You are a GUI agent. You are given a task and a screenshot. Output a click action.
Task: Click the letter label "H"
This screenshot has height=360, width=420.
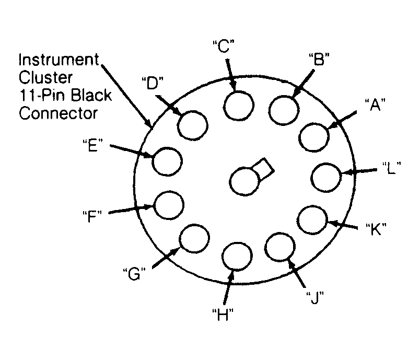pyautogui.click(x=223, y=315)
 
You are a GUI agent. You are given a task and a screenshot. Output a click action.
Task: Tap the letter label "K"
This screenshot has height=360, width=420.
pyautogui.click(x=376, y=229)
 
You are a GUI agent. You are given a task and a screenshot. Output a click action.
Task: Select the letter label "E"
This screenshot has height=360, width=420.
pyautogui.click(x=92, y=145)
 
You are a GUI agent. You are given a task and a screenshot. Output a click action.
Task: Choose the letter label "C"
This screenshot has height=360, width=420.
pyautogui.click(x=224, y=46)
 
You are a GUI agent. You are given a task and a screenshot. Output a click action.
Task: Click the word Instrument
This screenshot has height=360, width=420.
pyautogui.click(x=59, y=60)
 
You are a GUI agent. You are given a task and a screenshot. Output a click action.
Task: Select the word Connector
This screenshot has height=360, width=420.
pyautogui.click(x=58, y=113)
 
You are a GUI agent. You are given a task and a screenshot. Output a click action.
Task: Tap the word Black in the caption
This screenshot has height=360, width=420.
pyautogui.click(x=91, y=95)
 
